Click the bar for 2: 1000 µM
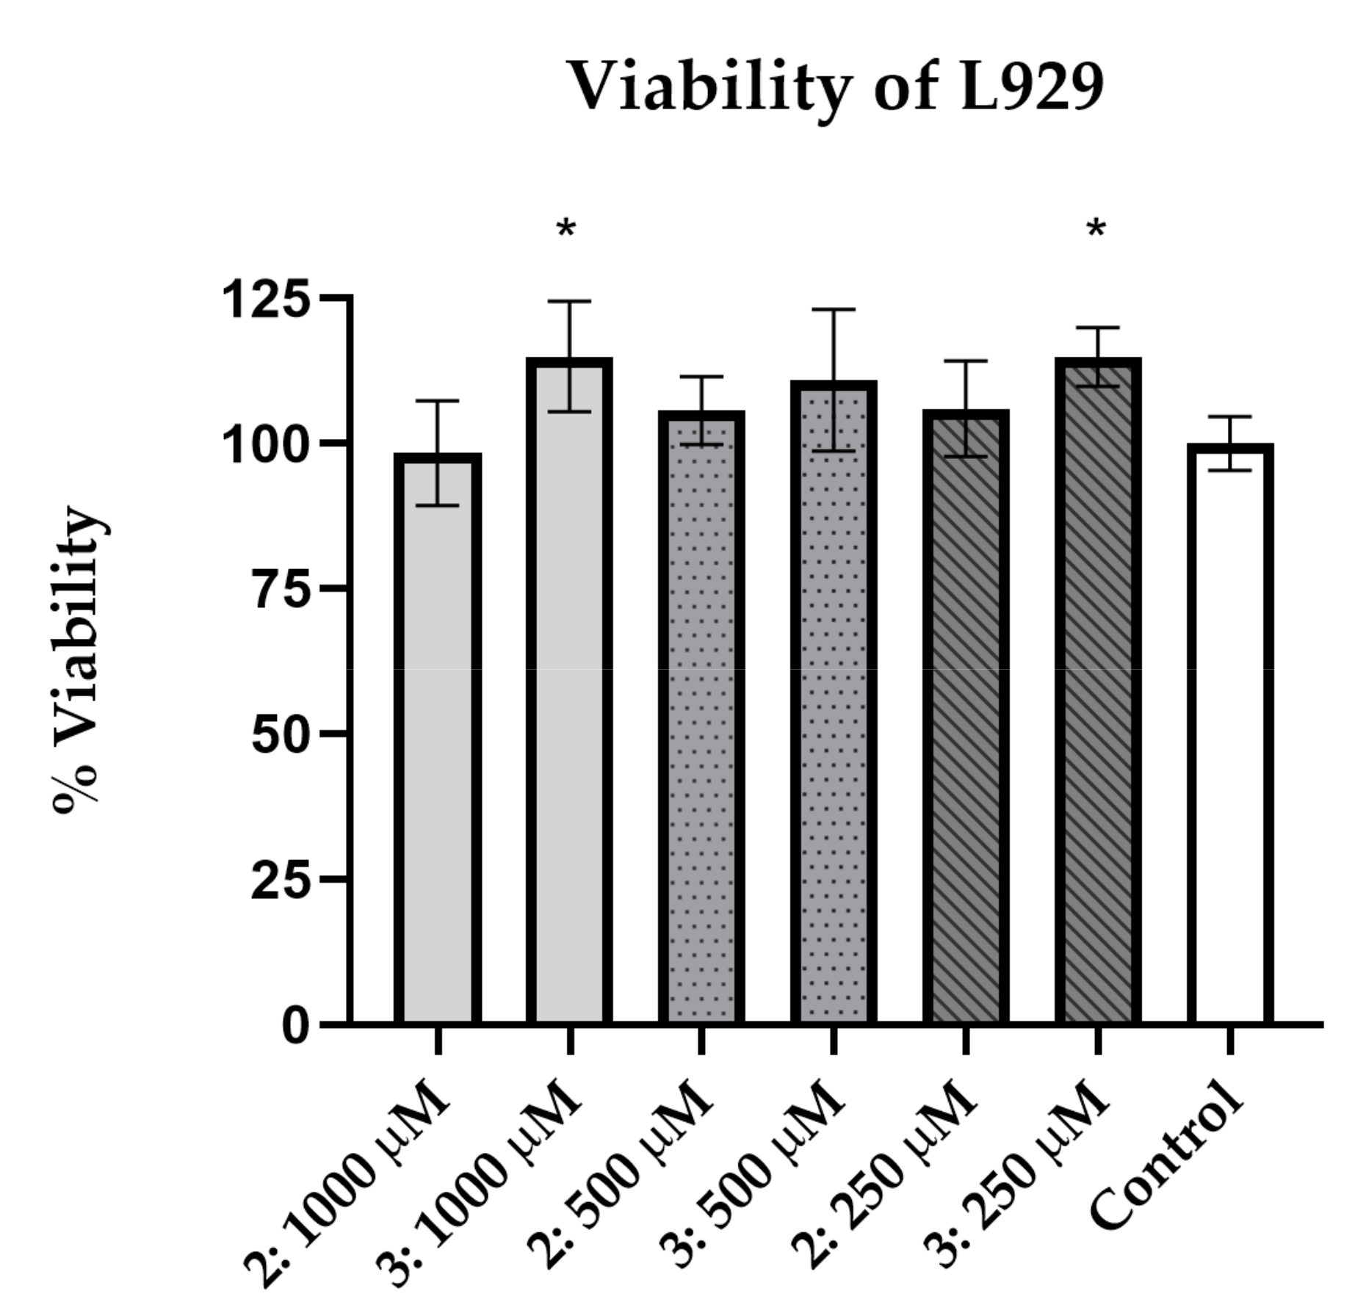(438, 734)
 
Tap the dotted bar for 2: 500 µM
(701, 720)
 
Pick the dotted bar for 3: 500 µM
(834, 705)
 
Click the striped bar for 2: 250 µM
(965, 720)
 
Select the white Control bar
(1229, 734)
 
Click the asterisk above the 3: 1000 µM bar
(565, 230)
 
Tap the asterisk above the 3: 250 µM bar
(1096, 230)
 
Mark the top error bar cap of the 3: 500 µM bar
(834, 310)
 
